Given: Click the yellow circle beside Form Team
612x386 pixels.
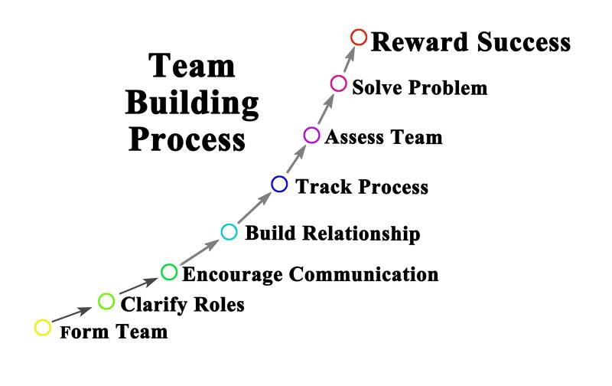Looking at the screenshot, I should [x=44, y=328].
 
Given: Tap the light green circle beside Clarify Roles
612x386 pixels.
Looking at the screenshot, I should [x=107, y=301].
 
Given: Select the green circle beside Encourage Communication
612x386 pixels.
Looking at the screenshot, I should [x=169, y=272].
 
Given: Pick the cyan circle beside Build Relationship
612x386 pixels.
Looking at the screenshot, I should [x=229, y=231].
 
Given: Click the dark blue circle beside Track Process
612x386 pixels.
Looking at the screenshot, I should [x=279, y=184].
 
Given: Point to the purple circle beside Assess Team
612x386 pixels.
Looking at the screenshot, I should [x=311, y=136].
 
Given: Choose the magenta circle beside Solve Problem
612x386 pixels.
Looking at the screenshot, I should [x=339, y=83].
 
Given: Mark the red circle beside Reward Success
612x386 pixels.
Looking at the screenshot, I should [x=359, y=37].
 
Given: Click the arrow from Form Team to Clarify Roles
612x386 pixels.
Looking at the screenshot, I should [x=75, y=315].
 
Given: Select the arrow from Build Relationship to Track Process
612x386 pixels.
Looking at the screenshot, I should [x=255, y=208].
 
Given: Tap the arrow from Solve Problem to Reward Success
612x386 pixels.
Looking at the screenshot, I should [x=349, y=60].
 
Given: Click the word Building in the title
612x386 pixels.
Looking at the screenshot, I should [x=192, y=105].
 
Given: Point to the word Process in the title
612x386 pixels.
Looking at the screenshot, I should [x=187, y=140].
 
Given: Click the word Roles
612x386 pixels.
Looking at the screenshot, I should [x=217, y=304].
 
